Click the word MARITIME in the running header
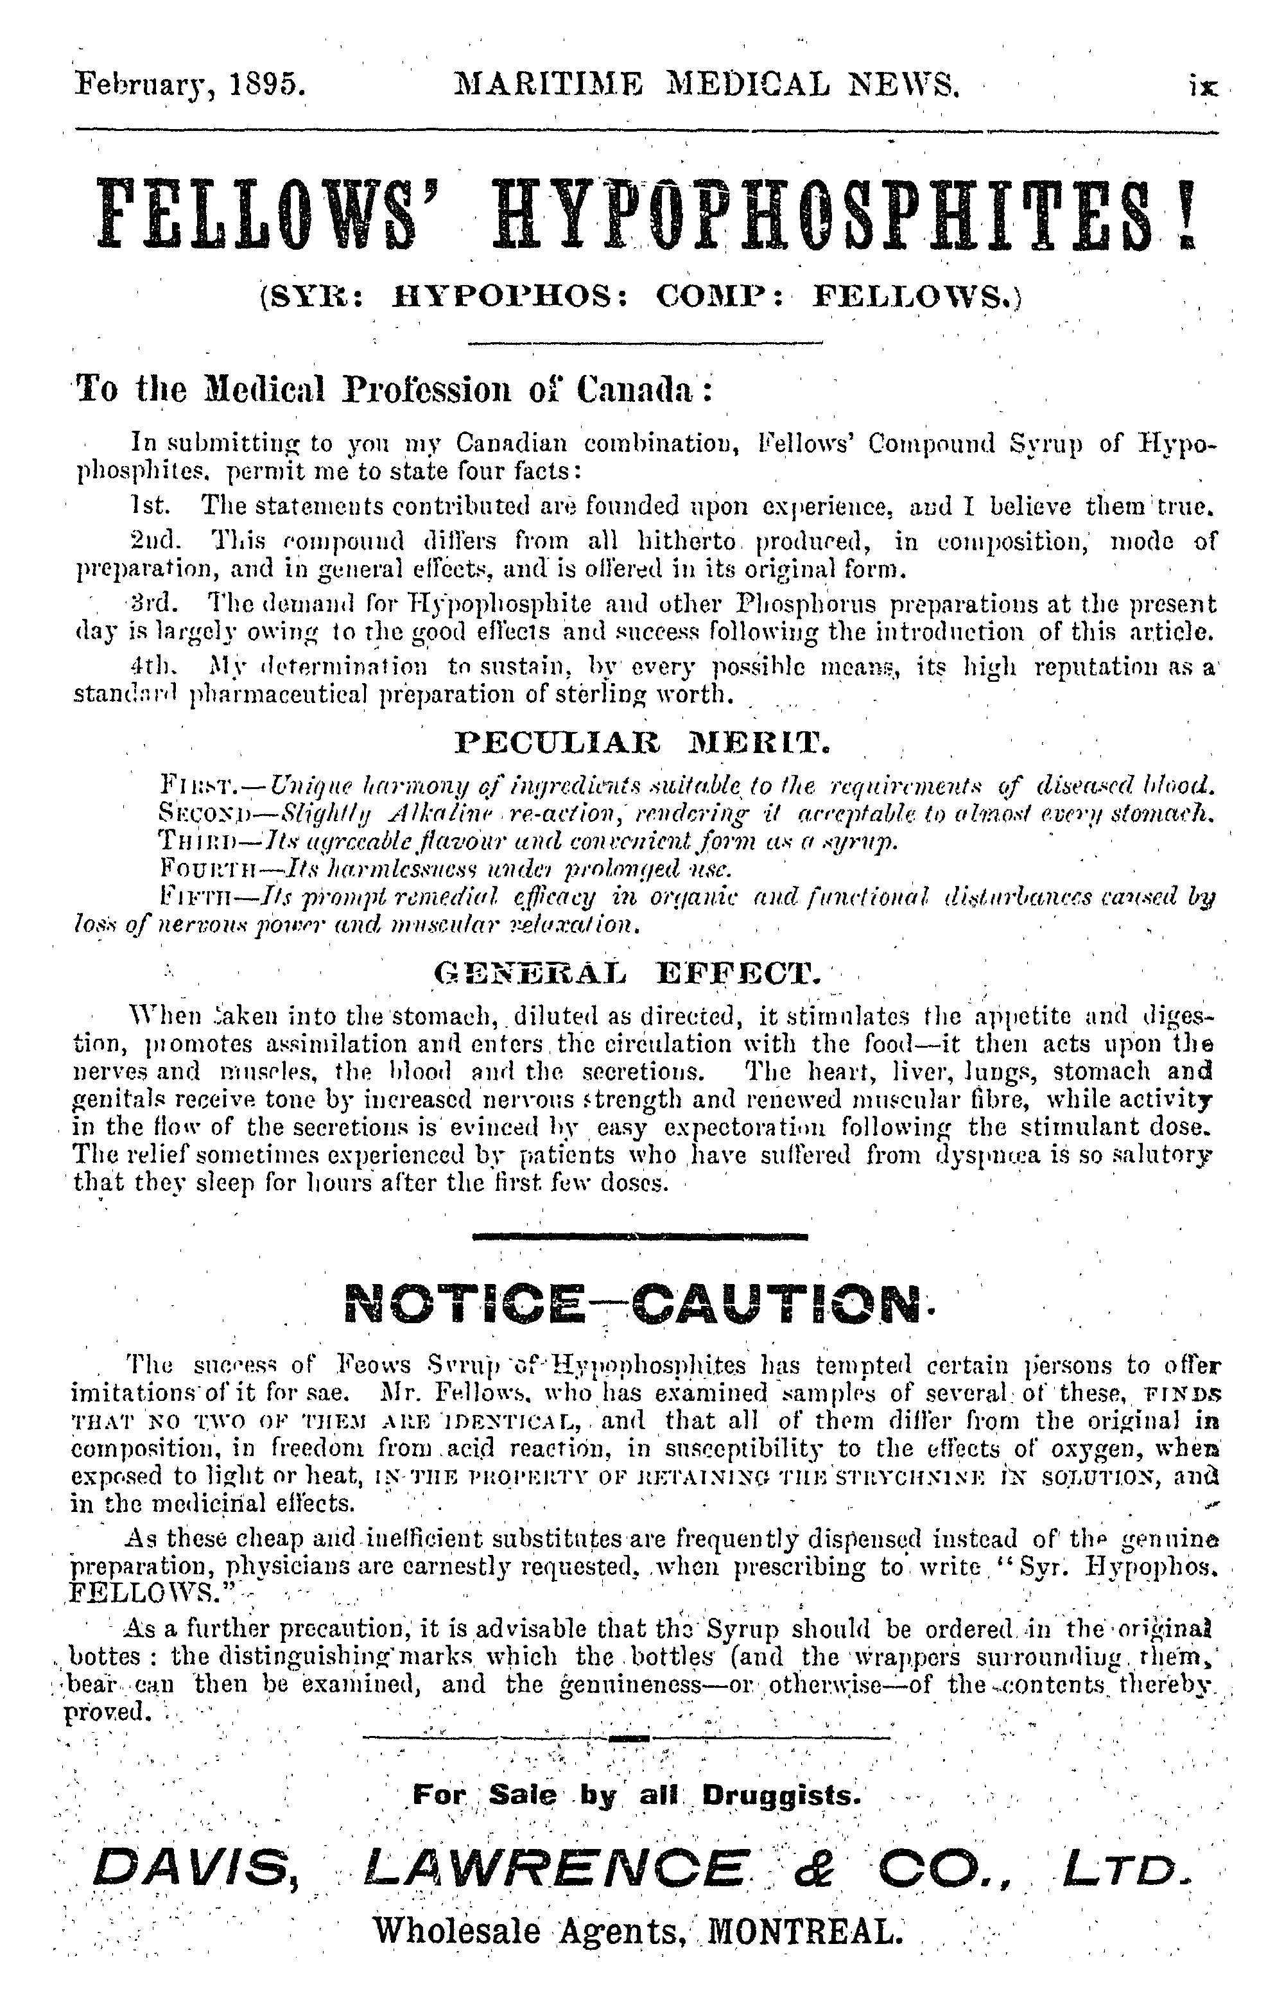point(549,85)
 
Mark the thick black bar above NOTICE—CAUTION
point(639,1237)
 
